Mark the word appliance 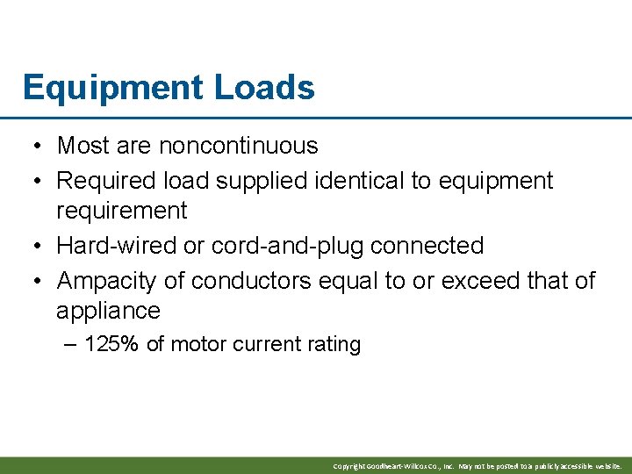[x=108, y=311]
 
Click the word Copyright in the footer [x=349, y=466]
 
